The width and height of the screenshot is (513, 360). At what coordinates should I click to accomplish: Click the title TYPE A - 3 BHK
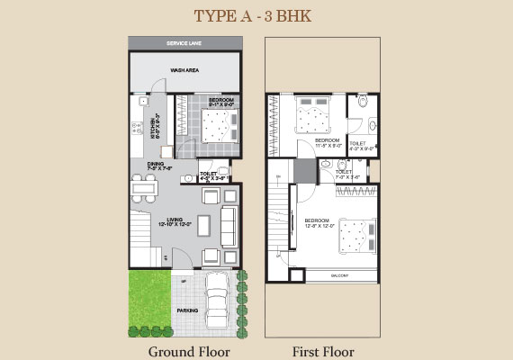point(256,15)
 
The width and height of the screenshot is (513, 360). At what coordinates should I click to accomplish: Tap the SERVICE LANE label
point(185,43)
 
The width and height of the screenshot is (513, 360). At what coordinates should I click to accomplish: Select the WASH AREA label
point(184,69)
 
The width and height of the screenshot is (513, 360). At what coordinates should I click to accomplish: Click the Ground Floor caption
point(189,351)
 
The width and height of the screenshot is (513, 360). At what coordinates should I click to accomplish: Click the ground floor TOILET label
point(209,175)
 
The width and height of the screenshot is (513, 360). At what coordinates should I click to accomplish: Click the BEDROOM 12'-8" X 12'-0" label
point(319,223)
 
